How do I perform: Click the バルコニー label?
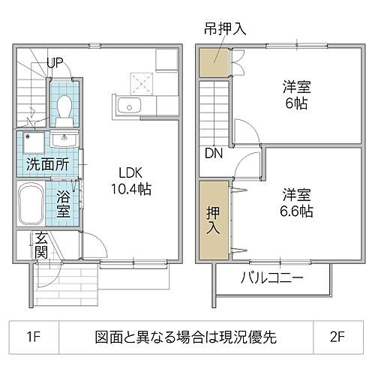pos(271,279)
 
